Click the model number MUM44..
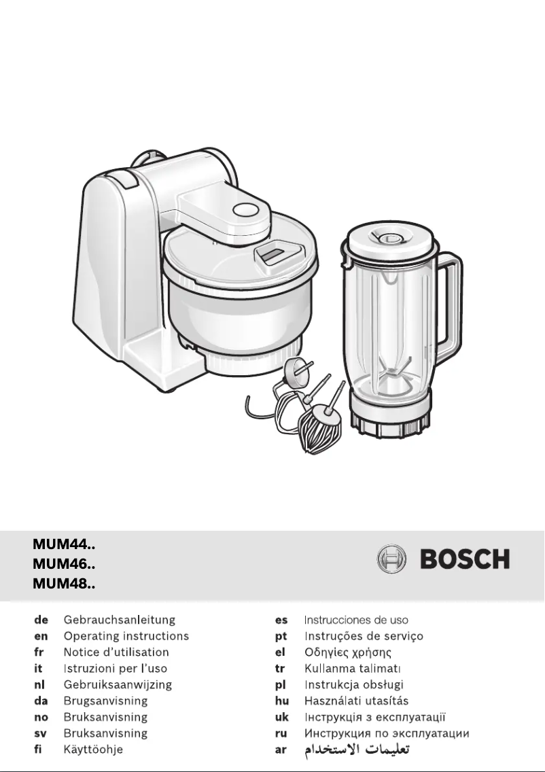coord(64,544)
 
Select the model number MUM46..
coord(64,563)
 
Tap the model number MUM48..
coord(64,583)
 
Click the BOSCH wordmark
coord(465,560)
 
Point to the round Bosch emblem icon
coord(391,560)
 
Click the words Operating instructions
coord(126,636)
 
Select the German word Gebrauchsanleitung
coord(120,620)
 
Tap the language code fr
coord(39,652)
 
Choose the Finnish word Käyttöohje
coord(93,750)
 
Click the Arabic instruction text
coord(357,750)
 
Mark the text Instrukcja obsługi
coord(354,685)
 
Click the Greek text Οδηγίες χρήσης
coord(347,652)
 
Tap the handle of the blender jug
coord(449,306)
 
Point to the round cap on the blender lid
coord(391,237)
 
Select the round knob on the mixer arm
coord(242,210)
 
